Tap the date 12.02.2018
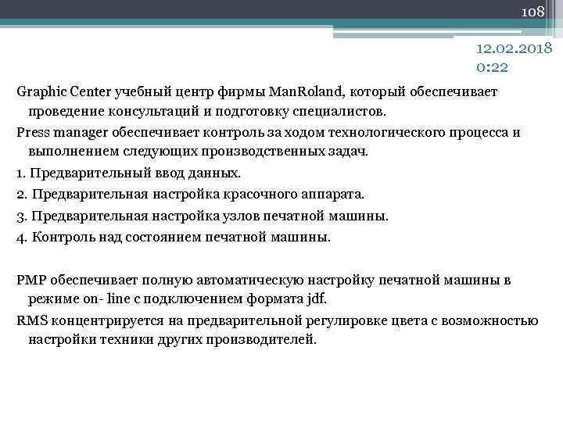click(515, 48)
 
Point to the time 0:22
click(492, 67)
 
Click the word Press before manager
click(32, 131)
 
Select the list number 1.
click(21, 172)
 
